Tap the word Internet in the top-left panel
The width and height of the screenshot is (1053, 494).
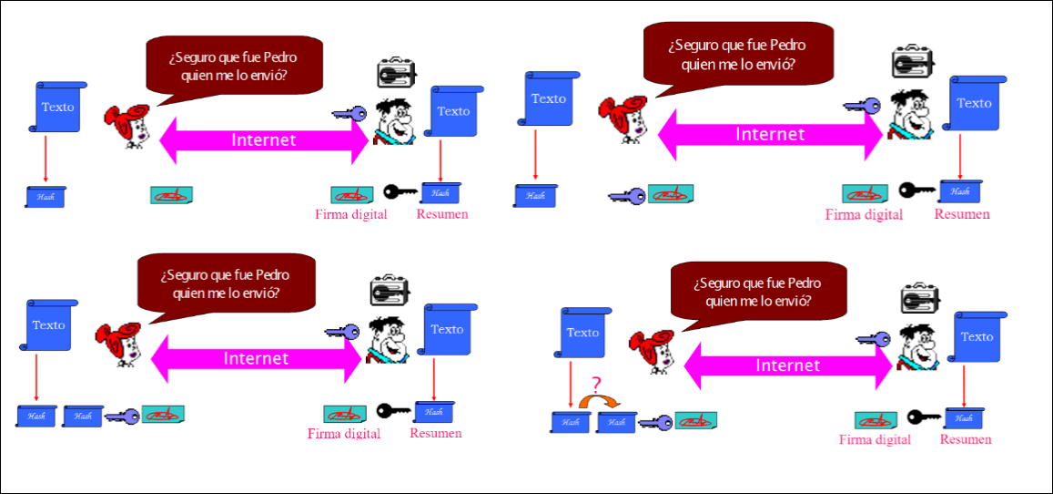click(x=264, y=139)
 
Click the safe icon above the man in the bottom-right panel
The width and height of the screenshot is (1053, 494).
click(x=918, y=301)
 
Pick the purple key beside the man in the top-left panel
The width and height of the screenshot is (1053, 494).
click(x=349, y=115)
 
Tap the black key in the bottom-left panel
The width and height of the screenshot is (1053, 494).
click(x=394, y=411)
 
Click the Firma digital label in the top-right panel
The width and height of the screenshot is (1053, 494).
click(x=864, y=215)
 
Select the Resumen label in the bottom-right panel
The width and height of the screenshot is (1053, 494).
click(x=966, y=439)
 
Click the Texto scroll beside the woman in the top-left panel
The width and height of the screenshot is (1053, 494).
click(x=58, y=108)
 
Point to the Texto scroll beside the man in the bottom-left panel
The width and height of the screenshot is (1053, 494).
click(x=447, y=331)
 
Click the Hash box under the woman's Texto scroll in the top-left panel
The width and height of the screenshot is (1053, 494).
click(x=46, y=196)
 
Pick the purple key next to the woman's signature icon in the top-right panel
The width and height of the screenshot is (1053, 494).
click(x=627, y=195)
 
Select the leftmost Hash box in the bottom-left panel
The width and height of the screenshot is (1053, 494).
click(x=36, y=417)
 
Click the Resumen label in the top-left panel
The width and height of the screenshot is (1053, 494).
click(x=442, y=215)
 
